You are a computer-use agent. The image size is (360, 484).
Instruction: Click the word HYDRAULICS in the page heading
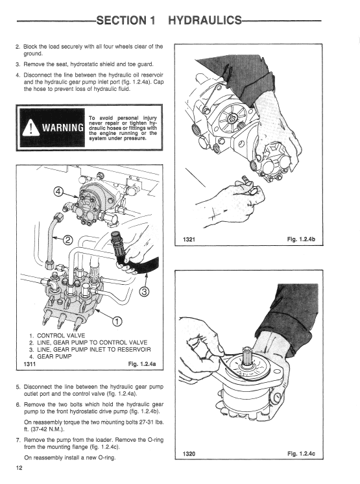pyautogui.click(x=205, y=20)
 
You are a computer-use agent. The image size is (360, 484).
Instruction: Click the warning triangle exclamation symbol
pyautogui.click(x=31, y=128)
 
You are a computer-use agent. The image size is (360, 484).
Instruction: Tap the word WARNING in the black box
pyautogui.click(x=63, y=128)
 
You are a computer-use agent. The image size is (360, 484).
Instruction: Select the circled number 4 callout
pyautogui.click(x=58, y=191)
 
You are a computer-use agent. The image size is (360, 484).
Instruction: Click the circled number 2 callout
pyautogui.click(x=68, y=239)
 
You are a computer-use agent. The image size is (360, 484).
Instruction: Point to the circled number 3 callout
pyautogui.click(x=145, y=291)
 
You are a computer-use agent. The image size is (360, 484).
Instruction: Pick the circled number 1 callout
pyautogui.click(x=117, y=321)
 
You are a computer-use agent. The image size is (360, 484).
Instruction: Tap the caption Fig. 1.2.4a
pyautogui.click(x=142, y=364)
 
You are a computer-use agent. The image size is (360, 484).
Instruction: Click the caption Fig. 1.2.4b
pyautogui.click(x=301, y=239)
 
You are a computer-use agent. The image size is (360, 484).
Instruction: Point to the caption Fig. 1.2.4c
pyautogui.click(x=301, y=454)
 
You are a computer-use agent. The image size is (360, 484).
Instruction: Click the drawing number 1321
pyautogui.click(x=189, y=239)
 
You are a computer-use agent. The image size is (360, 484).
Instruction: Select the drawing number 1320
pyautogui.click(x=189, y=454)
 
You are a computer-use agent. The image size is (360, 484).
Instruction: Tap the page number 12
pyautogui.click(x=19, y=468)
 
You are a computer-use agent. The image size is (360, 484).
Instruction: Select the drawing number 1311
pyautogui.click(x=30, y=364)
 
